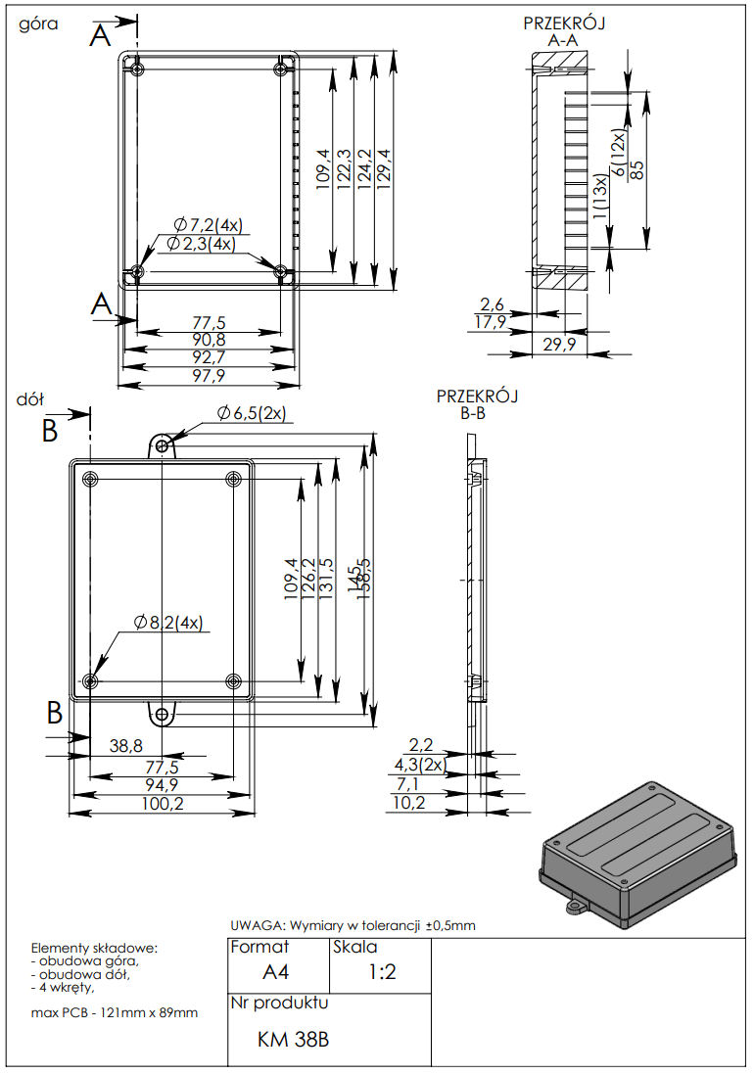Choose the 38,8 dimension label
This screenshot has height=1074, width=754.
(126, 746)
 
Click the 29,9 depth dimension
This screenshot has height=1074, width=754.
(560, 344)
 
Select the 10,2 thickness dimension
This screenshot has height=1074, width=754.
(409, 803)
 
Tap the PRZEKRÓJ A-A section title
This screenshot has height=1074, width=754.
(563, 32)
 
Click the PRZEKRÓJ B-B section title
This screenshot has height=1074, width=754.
(477, 404)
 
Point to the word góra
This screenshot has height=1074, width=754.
(39, 24)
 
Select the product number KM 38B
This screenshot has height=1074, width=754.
(293, 1039)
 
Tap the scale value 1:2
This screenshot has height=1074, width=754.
(382, 972)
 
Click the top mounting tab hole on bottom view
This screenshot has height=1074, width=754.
(163, 446)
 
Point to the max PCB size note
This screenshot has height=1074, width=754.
(115, 1012)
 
